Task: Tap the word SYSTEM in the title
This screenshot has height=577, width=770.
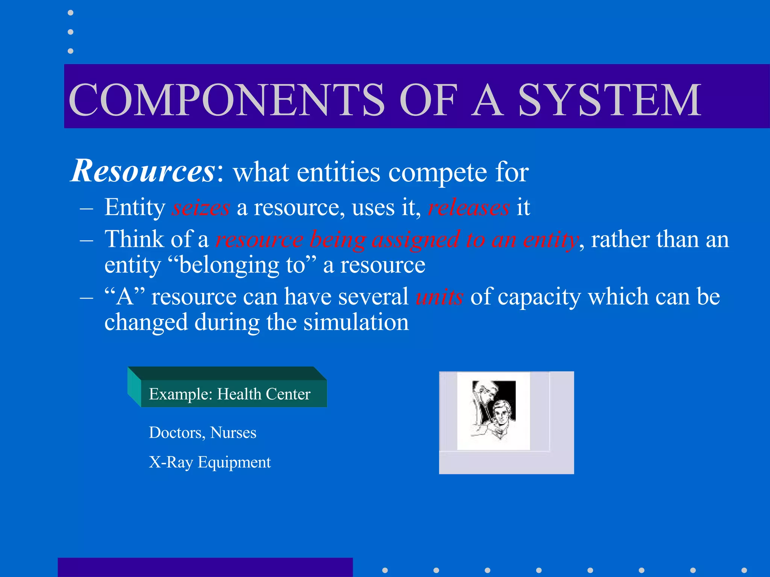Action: click(x=609, y=100)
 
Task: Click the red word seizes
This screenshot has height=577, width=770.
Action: click(x=200, y=207)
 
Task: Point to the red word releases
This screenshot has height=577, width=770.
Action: click(x=469, y=207)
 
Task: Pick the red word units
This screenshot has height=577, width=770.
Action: click(x=439, y=297)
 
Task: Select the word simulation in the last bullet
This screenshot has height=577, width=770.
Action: click(x=356, y=322)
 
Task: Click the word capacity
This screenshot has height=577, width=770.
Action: click(x=539, y=297)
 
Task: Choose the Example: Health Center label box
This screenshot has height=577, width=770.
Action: click(x=230, y=394)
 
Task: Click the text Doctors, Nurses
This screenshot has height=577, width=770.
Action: click(x=202, y=432)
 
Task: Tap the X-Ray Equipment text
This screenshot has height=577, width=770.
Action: click(x=209, y=462)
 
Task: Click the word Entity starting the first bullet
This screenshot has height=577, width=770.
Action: click(x=135, y=207)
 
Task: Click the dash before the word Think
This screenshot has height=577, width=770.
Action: click(x=86, y=240)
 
